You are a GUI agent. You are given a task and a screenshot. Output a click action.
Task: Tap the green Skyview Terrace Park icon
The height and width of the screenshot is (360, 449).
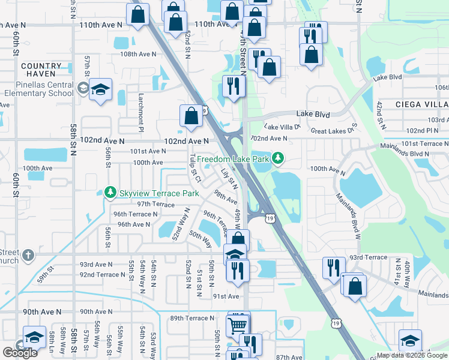[x=109, y=193]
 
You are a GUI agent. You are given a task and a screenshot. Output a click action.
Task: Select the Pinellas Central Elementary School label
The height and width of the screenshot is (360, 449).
[x=38, y=89]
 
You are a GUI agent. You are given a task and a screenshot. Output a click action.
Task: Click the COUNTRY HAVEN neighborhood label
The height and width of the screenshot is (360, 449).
[x=41, y=66]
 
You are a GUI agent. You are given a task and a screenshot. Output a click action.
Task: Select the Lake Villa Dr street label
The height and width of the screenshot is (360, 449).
[x=282, y=127]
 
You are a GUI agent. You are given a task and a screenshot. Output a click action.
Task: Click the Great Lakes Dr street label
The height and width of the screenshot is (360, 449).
[x=333, y=130]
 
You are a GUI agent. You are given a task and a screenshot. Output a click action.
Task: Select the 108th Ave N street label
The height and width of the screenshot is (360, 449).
[x=138, y=54]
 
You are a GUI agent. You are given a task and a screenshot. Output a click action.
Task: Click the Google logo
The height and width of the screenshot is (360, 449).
[x=20, y=353]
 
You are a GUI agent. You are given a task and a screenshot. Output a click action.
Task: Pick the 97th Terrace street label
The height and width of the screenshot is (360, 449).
[x=155, y=204]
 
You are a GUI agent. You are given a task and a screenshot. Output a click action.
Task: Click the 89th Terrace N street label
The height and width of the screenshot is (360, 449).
[x=191, y=318]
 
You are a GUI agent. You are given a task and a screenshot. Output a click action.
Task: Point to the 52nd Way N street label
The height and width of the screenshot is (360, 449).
[x=178, y=223]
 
